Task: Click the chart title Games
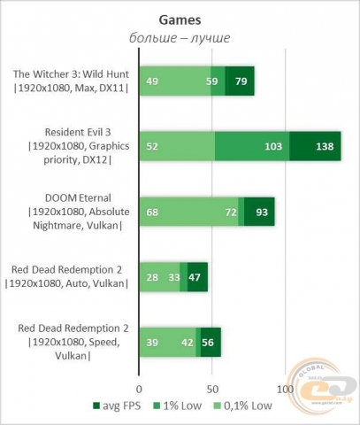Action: (180, 17)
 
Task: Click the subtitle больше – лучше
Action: (180, 37)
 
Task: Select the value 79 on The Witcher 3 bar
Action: (241, 81)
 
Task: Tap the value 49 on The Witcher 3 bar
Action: (152, 81)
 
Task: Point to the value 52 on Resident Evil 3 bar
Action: (152, 146)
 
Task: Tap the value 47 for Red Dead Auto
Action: (195, 277)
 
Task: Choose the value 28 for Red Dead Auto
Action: (152, 277)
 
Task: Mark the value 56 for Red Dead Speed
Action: (209, 343)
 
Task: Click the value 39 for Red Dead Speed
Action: (152, 343)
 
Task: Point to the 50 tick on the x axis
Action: (212, 389)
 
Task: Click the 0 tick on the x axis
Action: (139, 389)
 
